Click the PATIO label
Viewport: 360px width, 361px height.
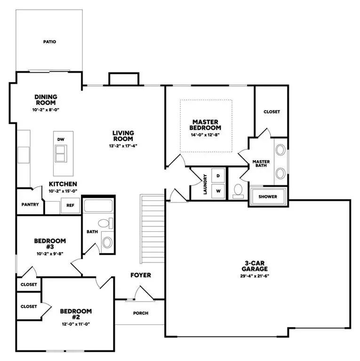(x=49, y=42)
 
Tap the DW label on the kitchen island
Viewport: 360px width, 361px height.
(x=60, y=140)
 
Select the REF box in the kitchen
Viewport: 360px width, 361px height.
(x=70, y=205)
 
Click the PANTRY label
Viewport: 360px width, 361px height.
(x=30, y=205)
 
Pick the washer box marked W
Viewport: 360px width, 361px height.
(x=218, y=191)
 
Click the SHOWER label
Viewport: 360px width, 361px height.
(x=267, y=196)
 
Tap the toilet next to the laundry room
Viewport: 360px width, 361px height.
(x=238, y=190)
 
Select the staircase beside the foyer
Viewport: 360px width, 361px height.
(x=152, y=229)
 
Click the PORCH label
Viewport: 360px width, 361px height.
(x=141, y=313)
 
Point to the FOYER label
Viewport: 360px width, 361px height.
(x=141, y=275)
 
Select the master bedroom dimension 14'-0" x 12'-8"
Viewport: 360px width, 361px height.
(x=206, y=135)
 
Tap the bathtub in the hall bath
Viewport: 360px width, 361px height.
(x=98, y=206)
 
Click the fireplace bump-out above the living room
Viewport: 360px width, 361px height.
(x=124, y=79)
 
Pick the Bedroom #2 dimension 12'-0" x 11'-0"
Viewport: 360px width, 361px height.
(x=75, y=325)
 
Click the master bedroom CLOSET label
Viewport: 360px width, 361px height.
(x=272, y=112)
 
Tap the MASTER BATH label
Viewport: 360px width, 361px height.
(x=261, y=163)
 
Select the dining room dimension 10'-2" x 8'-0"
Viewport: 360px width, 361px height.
(x=46, y=110)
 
